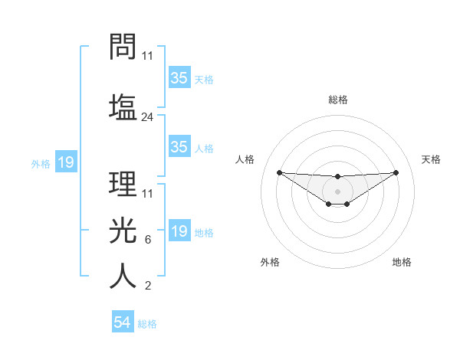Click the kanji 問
tap(123, 47)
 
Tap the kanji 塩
tap(123, 106)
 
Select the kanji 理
tap(123, 183)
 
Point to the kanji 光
tap(123, 229)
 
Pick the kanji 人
tap(123, 276)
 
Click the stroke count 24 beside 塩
tap(148, 117)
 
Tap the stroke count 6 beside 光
tap(147, 240)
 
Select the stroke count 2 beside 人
tap(147, 286)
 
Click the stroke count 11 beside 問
tap(148, 56)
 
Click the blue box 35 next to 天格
tap(179, 78)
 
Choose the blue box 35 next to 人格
tap(179, 147)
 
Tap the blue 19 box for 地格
tap(179, 231)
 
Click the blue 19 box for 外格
tap(66, 162)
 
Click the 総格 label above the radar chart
tap(337, 100)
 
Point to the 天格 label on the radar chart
tap(431, 159)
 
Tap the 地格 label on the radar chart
tap(402, 262)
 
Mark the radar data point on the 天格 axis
tap(396, 172)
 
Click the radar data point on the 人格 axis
tap(279, 172)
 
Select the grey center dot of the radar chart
tap(337, 191)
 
